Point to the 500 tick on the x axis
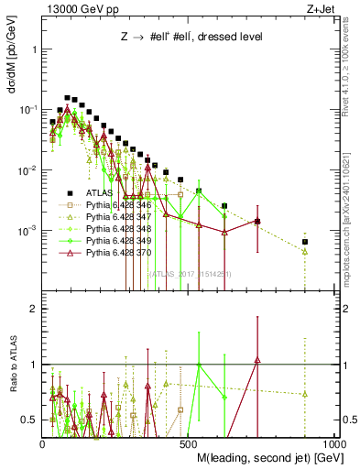pos(189,443)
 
